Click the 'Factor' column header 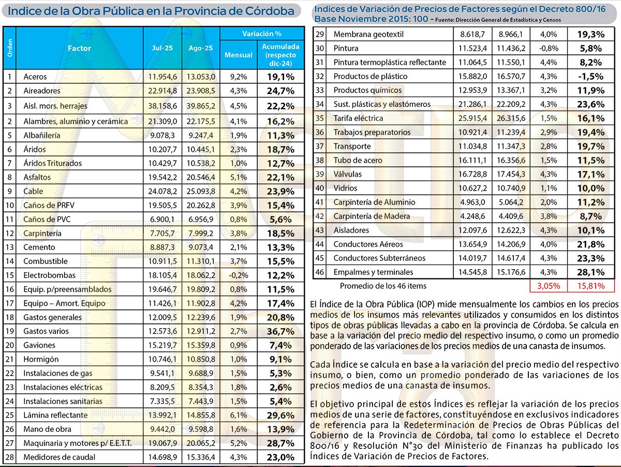(79, 48)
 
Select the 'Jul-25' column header (162, 48)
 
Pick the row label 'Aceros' (35, 77)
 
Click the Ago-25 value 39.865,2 (201, 105)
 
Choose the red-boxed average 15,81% (590, 286)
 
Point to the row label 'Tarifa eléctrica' (358, 118)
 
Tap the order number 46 (320, 272)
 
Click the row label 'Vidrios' (345, 188)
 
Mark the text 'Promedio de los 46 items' (383, 286)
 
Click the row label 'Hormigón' (41, 359)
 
